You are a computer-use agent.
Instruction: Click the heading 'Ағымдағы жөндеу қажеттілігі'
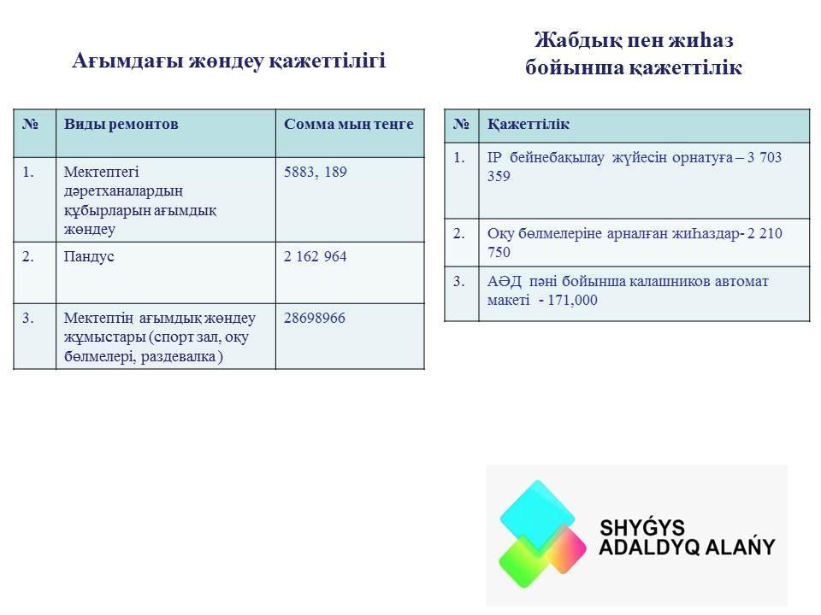point(229,61)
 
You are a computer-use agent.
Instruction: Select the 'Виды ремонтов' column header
point(121,124)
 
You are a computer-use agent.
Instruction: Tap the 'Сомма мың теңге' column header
point(349,124)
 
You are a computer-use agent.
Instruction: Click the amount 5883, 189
point(316,172)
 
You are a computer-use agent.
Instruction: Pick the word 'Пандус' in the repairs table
point(89,257)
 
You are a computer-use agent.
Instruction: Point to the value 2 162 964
point(316,257)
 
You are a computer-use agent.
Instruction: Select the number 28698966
point(315,318)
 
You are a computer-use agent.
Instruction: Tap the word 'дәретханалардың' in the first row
point(123,191)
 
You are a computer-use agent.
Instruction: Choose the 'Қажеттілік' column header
point(529,125)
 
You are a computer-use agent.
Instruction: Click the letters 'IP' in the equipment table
point(494,157)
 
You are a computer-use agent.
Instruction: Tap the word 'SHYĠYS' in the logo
point(642,528)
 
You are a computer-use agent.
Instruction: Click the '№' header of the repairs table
point(31,124)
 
